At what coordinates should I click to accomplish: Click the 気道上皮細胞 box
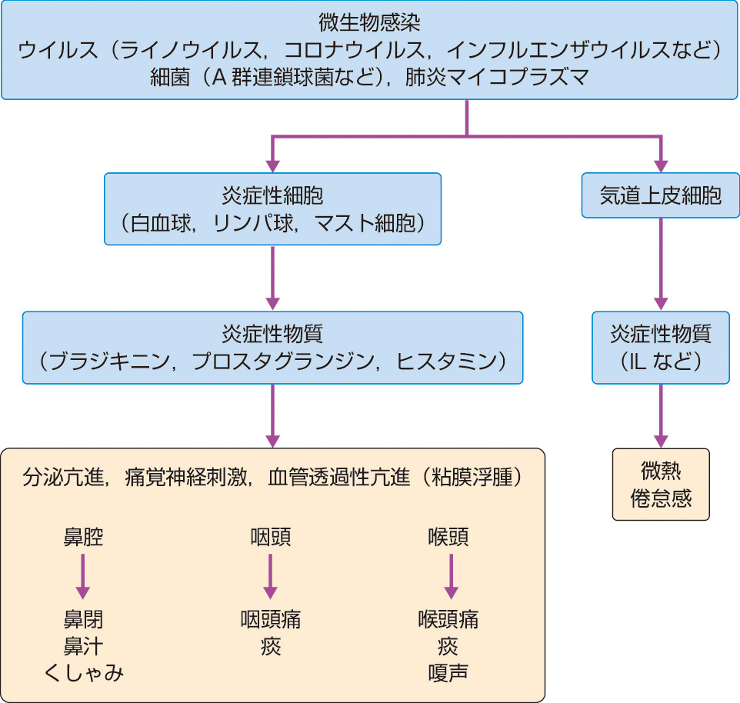(x=661, y=195)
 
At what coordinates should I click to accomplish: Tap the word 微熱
(x=661, y=471)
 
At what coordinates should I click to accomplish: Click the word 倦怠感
(x=661, y=498)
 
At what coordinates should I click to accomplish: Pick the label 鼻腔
(x=83, y=537)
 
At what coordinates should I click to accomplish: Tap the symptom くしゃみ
(x=83, y=673)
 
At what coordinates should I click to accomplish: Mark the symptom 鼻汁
(x=83, y=646)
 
